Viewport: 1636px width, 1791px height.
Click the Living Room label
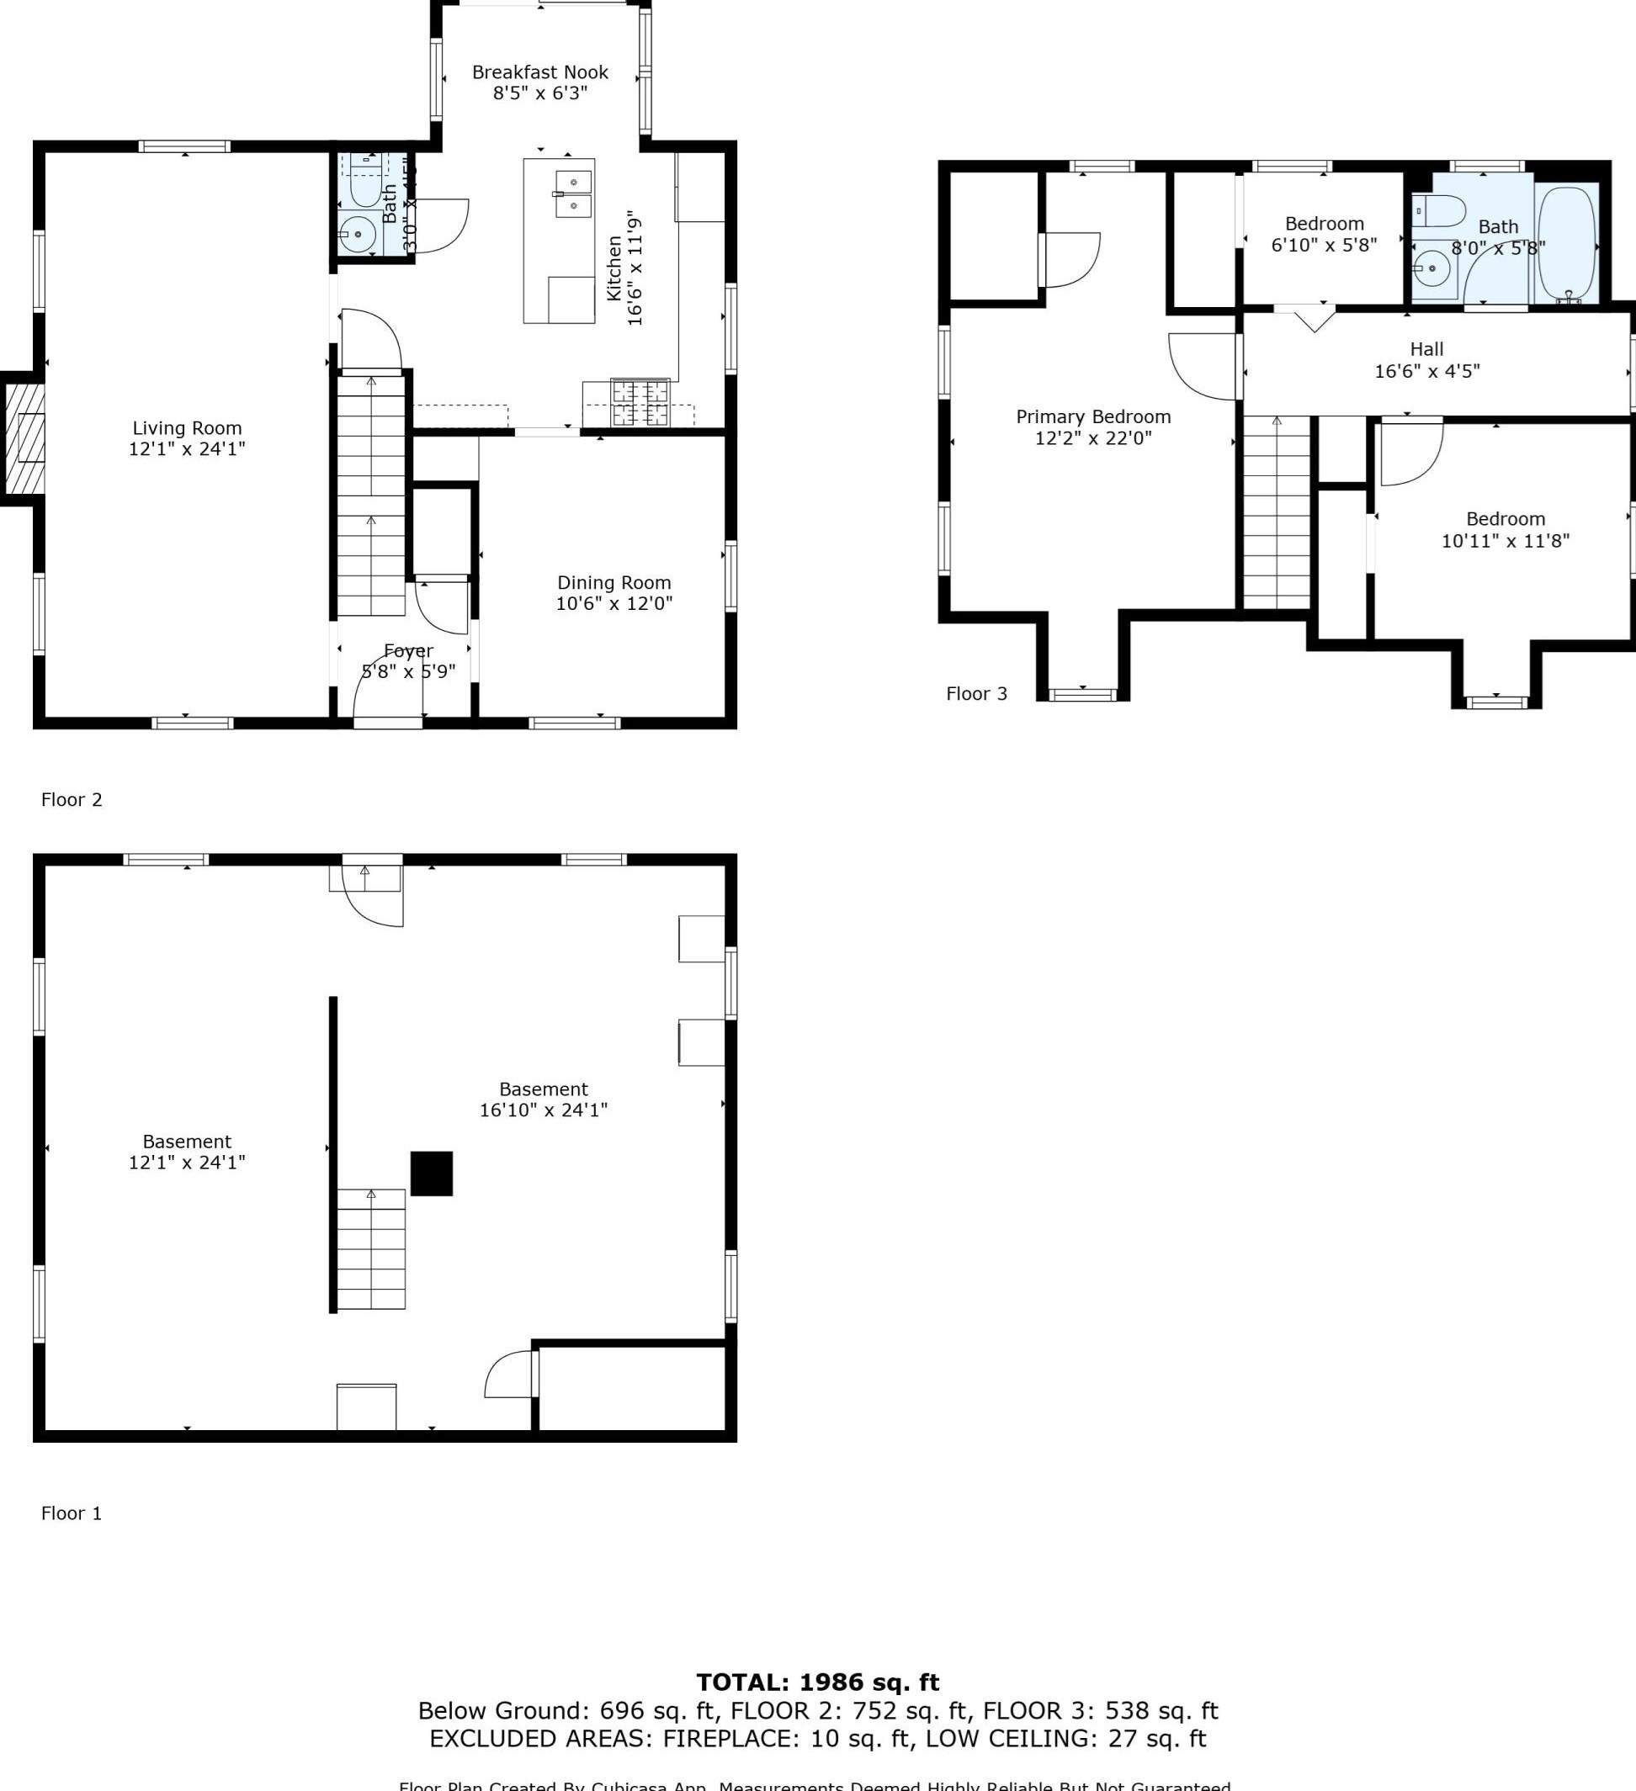pyautogui.click(x=187, y=428)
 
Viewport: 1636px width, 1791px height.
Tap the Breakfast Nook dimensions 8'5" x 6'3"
pyautogui.click(x=540, y=93)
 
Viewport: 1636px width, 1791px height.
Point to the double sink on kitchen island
pyautogui.click(x=573, y=193)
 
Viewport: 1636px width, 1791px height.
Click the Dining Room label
pyautogui.click(x=613, y=583)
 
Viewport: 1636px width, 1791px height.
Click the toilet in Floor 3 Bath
pyautogui.click(x=1440, y=211)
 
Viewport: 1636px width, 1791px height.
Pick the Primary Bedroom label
pyautogui.click(x=1093, y=416)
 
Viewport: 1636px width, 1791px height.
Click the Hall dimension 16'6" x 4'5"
pyautogui.click(x=1426, y=371)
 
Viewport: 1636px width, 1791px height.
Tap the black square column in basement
pyautogui.click(x=431, y=1174)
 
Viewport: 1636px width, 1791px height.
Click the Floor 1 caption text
pyautogui.click(x=71, y=1513)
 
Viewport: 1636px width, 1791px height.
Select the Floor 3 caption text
pyautogui.click(x=975, y=694)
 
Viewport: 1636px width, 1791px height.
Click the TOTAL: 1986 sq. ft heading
pyautogui.click(x=817, y=1682)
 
